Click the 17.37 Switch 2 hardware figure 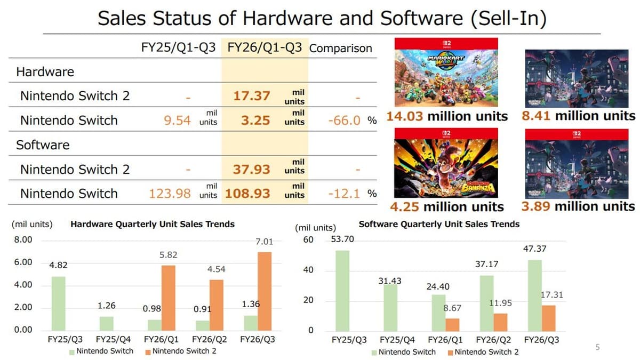coord(251,96)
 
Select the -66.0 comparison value coord(345,121)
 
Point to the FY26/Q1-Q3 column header coord(265,47)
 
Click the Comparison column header coord(341,48)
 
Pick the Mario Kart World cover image coord(446,73)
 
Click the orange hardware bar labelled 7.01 coord(265,291)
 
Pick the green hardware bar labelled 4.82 coord(58,303)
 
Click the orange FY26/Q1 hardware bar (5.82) coord(169,297)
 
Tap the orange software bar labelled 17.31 coord(549,318)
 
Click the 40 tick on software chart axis coord(308,270)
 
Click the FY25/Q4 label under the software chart coord(397,339)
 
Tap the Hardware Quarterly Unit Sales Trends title coord(153,224)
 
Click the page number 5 coord(597,348)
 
